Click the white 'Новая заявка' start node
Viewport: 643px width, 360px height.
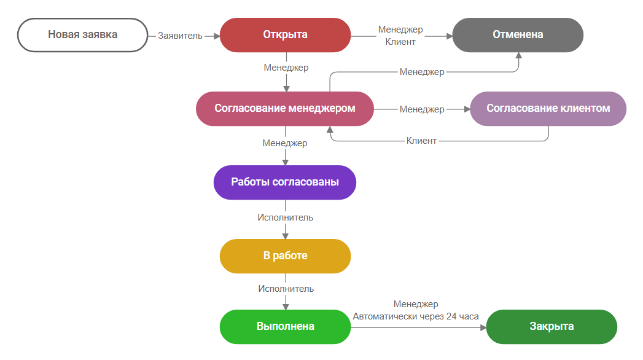tap(82, 35)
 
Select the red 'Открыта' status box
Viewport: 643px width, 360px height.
tap(285, 35)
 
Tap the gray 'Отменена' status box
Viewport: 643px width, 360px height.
tap(518, 35)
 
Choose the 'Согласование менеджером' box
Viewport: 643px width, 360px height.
tap(285, 109)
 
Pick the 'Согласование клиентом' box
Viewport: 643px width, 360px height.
tap(548, 109)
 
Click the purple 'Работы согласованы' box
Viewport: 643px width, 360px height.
tap(285, 182)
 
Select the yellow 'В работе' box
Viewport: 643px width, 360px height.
tap(285, 256)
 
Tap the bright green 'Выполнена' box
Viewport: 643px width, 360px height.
tap(285, 326)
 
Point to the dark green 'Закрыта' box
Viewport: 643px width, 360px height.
tap(551, 326)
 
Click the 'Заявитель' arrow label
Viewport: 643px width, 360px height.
tap(180, 36)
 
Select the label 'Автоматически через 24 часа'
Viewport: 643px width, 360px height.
tap(416, 316)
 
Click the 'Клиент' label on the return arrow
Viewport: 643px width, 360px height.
tap(422, 141)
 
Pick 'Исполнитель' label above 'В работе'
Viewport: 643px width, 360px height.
tap(285, 217)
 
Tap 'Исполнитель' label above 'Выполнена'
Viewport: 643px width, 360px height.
tap(286, 289)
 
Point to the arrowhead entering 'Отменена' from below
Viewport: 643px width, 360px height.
tap(518, 56)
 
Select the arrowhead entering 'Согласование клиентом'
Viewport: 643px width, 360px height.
tap(466, 109)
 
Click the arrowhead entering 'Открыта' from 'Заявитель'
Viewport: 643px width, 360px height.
tap(216, 36)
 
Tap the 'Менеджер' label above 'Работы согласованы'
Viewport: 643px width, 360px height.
tap(285, 143)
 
